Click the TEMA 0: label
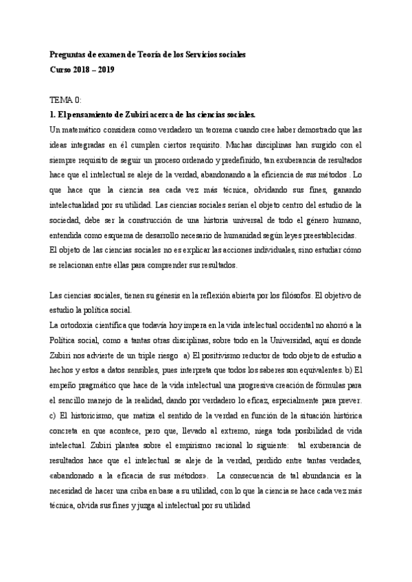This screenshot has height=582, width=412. (x=67, y=100)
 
